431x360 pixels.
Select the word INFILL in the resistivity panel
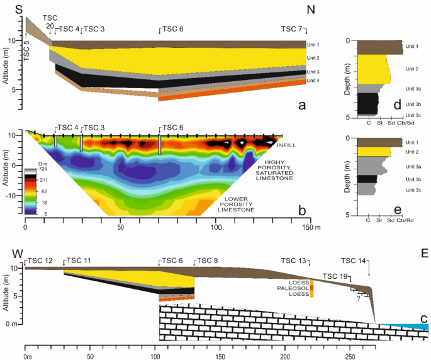(285, 146)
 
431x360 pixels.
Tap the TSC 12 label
(40, 261)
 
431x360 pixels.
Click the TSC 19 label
(333, 276)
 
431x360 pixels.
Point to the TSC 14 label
(353, 261)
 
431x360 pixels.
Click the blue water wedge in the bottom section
(409, 326)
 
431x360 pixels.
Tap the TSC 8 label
(208, 261)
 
